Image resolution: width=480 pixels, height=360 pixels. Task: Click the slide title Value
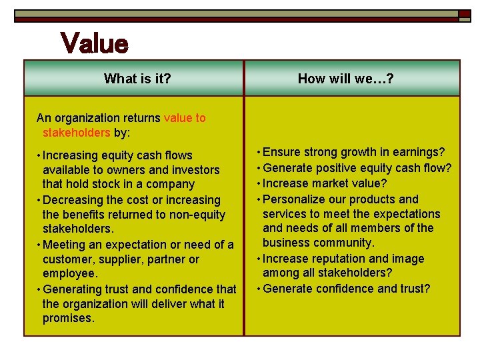pyautogui.click(x=94, y=44)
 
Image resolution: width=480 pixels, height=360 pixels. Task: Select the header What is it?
pyautogui.click(x=137, y=79)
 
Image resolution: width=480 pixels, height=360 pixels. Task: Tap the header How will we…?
pyautogui.click(x=345, y=79)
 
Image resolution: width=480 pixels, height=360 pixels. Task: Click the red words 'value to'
pyautogui.click(x=185, y=118)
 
